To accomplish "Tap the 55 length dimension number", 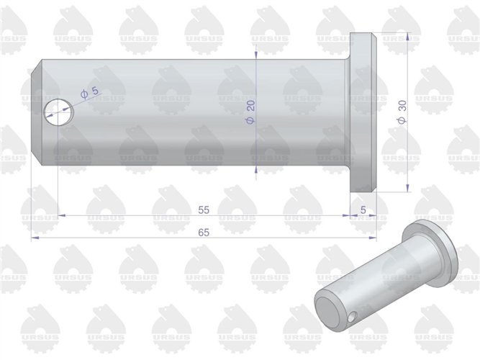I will click(x=203, y=210).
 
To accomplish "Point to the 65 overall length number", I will click(x=203, y=232).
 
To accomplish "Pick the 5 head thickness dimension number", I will click(x=363, y=210).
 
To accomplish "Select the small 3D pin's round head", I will click(x=431, y=248).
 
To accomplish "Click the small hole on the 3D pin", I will click(x=350, y=315).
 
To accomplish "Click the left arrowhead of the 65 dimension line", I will click(x=35, y=237).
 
